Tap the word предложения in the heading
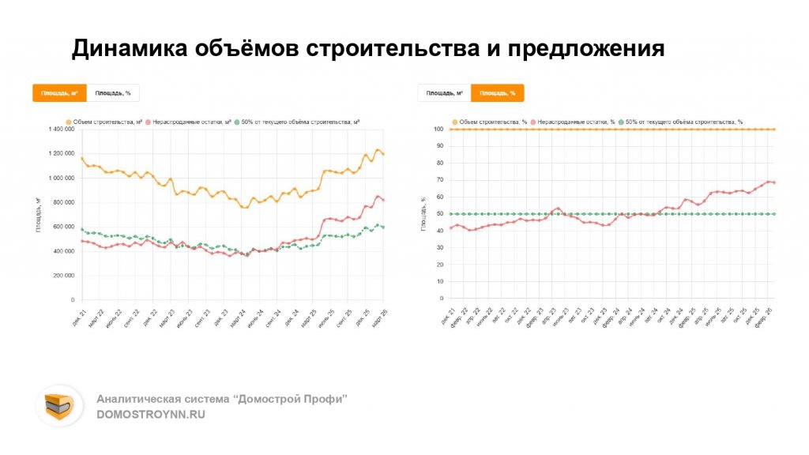[x=585, y=49]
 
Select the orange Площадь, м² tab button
[x=59, y=93]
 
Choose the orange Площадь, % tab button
[x=497, y=93]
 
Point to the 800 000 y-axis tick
[x=63, y=202]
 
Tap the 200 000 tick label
[x=63, y=276]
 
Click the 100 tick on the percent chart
[x=438, y=129]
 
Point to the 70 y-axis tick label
[x=440, y=180]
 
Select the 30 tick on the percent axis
[x=440, y=248]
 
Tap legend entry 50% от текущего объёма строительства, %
[x=683, y=122]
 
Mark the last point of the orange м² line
[x=384, y=154]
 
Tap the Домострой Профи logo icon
[x=58, y=406]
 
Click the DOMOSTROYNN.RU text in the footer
[x=150, y=414]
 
